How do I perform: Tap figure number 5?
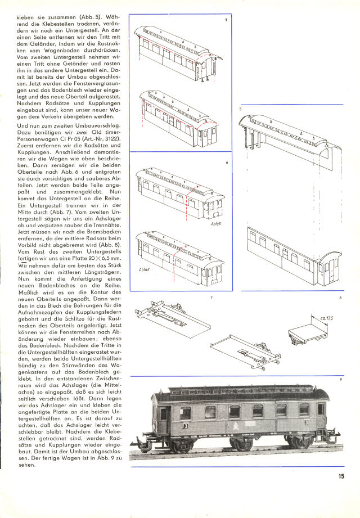(240, 108)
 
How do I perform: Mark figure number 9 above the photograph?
(341, 380)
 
